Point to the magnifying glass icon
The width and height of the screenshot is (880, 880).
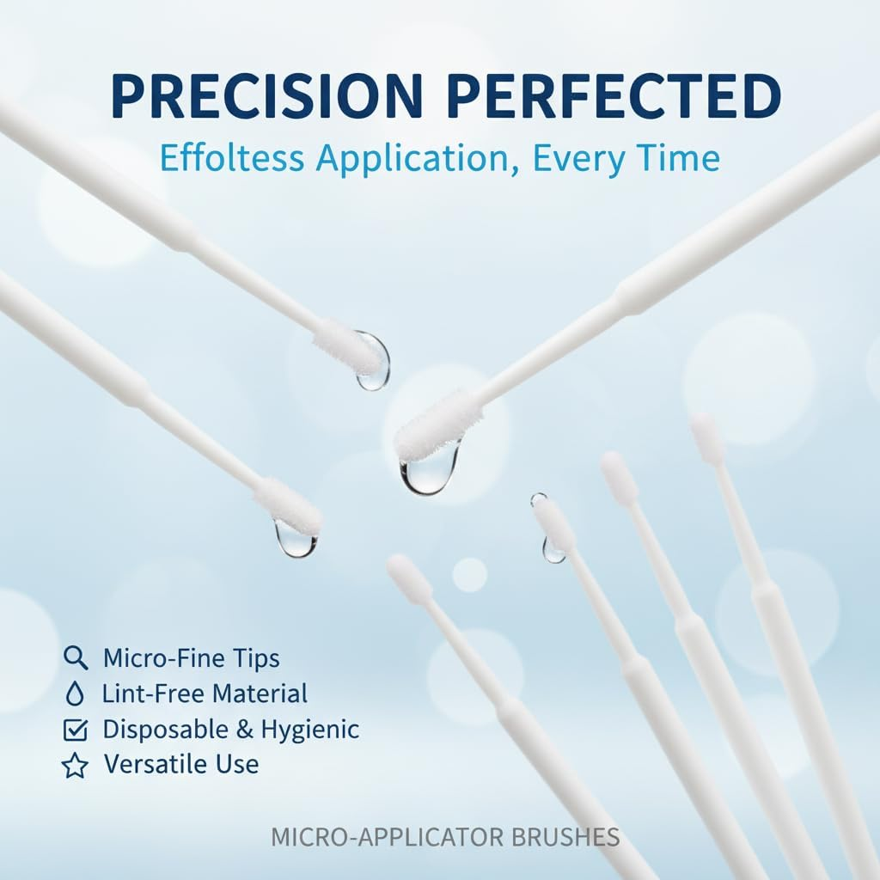[x=76, y=658]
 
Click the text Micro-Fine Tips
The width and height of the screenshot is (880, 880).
[x=191, y=658]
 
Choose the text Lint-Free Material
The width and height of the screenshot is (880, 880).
[x=205, y=694]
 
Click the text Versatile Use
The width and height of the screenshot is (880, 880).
[x=180, y=764]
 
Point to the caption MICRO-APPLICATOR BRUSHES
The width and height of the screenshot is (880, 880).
[x=445, y=836]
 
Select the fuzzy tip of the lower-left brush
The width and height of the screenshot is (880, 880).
[x=289, y=506]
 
